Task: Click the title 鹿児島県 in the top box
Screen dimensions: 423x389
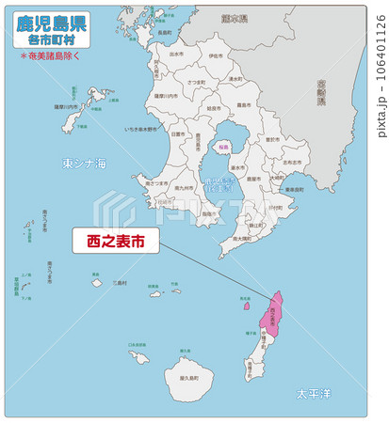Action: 52,23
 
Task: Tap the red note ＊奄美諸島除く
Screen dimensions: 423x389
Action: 52,55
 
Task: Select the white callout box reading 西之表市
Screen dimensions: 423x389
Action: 116,242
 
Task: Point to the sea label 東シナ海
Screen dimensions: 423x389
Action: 84,164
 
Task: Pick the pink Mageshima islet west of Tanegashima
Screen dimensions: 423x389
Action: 247,305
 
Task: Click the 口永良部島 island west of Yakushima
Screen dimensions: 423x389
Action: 139,357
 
